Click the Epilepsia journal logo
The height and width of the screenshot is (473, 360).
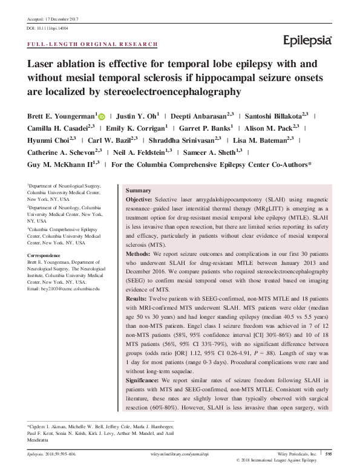click(x=308, y=40)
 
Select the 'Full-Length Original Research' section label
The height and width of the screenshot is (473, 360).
click(x=93, y=45)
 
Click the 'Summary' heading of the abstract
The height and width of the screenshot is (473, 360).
click(x=137, y=190)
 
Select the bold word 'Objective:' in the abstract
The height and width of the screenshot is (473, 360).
click(x=143, y=199)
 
